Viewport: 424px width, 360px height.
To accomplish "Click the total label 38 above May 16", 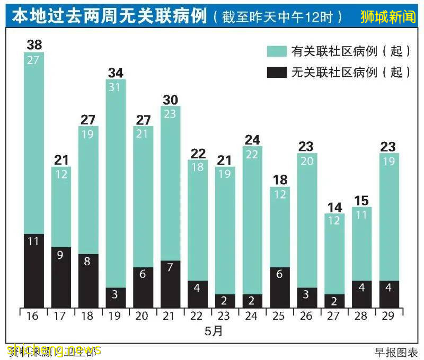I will [33, 44].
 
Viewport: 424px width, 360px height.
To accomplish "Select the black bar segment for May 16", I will [33, 271].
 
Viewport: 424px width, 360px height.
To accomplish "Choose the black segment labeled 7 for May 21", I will [170, 284].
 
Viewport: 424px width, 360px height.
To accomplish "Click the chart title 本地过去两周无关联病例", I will [109, 17].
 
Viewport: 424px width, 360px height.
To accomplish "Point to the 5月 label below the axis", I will [214, 332].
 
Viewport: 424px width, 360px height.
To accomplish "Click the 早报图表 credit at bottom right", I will [396, 352].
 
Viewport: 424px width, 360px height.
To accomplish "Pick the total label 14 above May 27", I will [334, 207].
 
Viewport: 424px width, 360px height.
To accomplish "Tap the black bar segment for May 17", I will [61, 277].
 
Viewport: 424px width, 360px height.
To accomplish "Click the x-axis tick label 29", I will [389, 316].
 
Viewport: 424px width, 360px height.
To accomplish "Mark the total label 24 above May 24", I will [252, 140].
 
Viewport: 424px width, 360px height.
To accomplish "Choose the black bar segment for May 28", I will [361, 294].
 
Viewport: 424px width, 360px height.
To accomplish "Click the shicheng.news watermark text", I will [53, 350].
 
